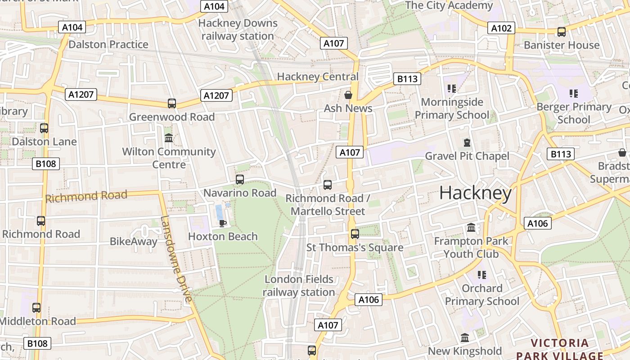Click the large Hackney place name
[x=475, y=193]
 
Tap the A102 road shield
[x=501, y=28]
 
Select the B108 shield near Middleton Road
[x=37, y=343]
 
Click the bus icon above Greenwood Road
[x=171, y=103]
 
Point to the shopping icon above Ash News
[x=348, y=95]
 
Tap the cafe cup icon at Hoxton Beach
[x=222, y=223]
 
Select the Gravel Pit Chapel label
[x=467, y=156]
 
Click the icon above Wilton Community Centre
[x=169, y=138]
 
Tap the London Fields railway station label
[x=299, y=286]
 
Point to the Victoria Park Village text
[x=559, y=349]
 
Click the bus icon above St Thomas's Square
[x=355, y=234]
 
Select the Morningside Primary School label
[x=451, y=108]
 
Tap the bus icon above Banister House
[x=561, y=32]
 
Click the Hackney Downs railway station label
[x=238, y=29]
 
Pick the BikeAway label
[x=134, y=242]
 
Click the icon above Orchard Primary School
[x=481, y=274]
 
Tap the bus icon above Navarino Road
[x=240, y=180]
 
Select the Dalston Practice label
[x=108, y=44]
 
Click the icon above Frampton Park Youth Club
[x=471, y=228]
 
